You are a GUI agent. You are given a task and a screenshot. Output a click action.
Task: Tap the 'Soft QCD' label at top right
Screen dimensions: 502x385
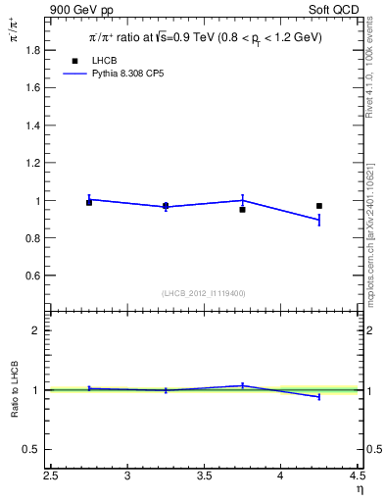tap(336, 9)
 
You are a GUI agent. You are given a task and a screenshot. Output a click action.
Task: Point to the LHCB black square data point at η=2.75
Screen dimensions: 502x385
tap(89, 202)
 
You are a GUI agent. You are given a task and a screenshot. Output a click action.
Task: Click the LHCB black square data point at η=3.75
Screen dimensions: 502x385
tap(242, 209)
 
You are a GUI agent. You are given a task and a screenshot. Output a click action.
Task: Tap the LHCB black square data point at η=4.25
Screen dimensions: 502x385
tap(319, 206)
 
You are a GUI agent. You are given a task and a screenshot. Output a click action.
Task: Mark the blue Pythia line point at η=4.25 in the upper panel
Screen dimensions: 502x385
tap(318, 220)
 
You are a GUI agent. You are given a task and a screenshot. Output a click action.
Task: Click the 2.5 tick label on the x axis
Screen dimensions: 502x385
tap(51, 477)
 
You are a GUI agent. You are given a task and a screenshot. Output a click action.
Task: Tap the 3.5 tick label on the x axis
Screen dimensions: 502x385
tap(204, 477)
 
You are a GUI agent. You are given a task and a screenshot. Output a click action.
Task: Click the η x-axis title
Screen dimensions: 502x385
tap(359, 489)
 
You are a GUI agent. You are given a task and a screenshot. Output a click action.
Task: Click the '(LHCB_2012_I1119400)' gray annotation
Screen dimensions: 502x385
tap(204, 293)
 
